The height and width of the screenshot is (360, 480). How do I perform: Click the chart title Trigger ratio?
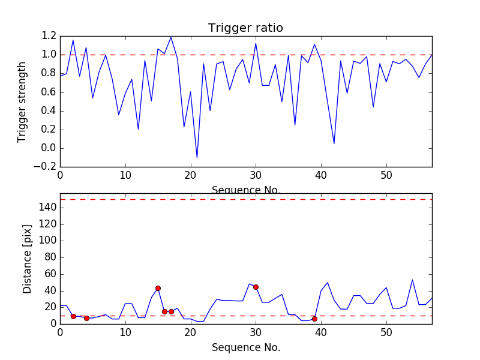click(x=245, y=28)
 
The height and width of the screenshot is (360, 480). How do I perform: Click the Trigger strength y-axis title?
click(x=22, y=101)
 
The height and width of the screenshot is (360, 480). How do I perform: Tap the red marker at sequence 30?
click(x=256, y=287)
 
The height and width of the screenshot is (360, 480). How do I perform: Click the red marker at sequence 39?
click(x=314, y=319)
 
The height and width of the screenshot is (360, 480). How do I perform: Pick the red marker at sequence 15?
click(x=158, y=288)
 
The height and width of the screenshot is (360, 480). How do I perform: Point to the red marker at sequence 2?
click(x=73, y=316)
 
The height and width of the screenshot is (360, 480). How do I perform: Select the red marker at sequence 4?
click(x=86, y=318)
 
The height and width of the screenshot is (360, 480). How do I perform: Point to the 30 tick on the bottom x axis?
click(x=256, y=332)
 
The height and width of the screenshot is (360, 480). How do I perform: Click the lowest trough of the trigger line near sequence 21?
click(x=197, y=158)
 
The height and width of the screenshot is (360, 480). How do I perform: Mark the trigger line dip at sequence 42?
click(x=334, y=143)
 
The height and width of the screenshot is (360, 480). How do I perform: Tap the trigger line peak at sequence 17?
click(x=171, y=37)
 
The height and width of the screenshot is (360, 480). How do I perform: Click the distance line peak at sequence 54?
click(x=412, y=280)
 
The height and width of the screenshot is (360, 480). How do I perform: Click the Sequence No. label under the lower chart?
click(x=246, y=347)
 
